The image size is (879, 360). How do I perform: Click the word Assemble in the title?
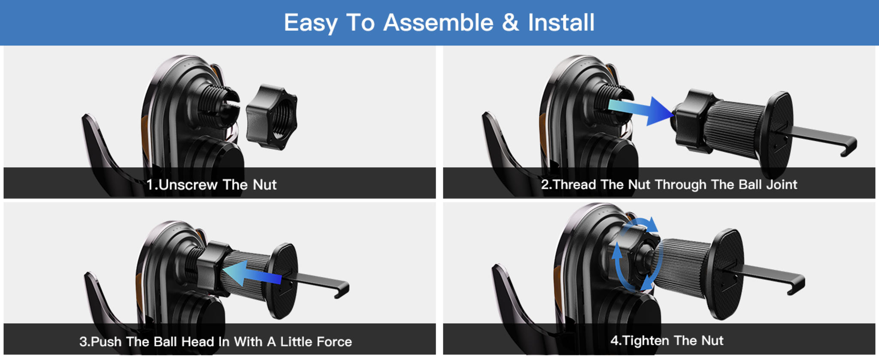coord(438,22)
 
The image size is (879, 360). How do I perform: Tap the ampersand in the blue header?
coord(510,22)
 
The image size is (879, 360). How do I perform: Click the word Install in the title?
coord(561,22)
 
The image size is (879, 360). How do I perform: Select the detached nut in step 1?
coord(272,117)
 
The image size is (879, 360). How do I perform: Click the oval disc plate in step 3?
coord(283,281)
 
